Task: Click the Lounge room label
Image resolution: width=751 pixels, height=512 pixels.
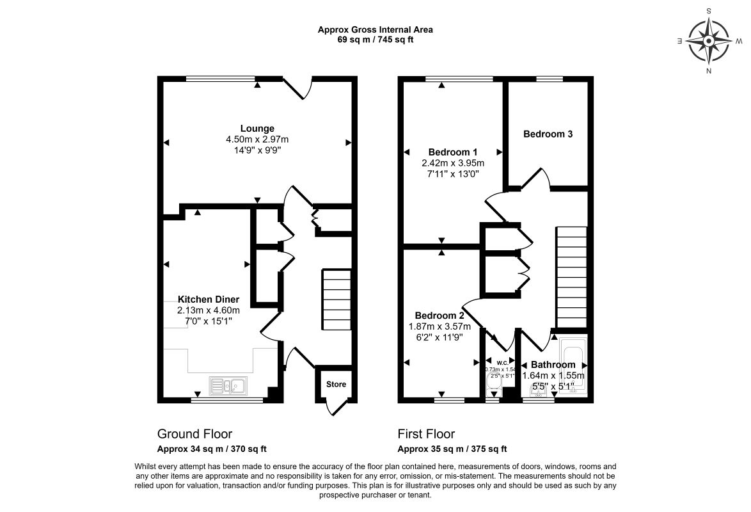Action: tap(257, 128)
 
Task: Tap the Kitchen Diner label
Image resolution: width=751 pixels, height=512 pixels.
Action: tap(209, 300)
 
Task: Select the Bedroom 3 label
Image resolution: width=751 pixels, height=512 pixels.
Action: tap(548, 134)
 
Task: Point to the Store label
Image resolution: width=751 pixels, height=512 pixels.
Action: tap(336, 385)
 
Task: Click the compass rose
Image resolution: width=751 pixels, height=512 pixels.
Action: tap(709, 40)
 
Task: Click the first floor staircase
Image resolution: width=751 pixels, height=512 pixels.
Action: tap(572, 276)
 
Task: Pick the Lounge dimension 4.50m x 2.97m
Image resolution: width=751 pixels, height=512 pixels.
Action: tap(257, 140)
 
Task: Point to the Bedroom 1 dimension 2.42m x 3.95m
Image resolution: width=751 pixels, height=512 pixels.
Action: tap(453, 163)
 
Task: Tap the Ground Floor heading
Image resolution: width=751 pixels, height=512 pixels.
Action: tap(194, 435)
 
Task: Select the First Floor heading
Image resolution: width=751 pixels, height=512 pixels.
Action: tap(426, 435)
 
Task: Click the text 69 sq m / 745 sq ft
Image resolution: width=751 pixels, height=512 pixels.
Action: tap(375, 39)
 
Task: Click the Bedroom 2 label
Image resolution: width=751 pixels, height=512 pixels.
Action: tap(439, 316)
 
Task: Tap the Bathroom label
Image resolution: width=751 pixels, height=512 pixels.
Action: tap(553, 365)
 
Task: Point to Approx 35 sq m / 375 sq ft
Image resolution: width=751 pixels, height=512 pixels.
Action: tap(452, 449)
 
